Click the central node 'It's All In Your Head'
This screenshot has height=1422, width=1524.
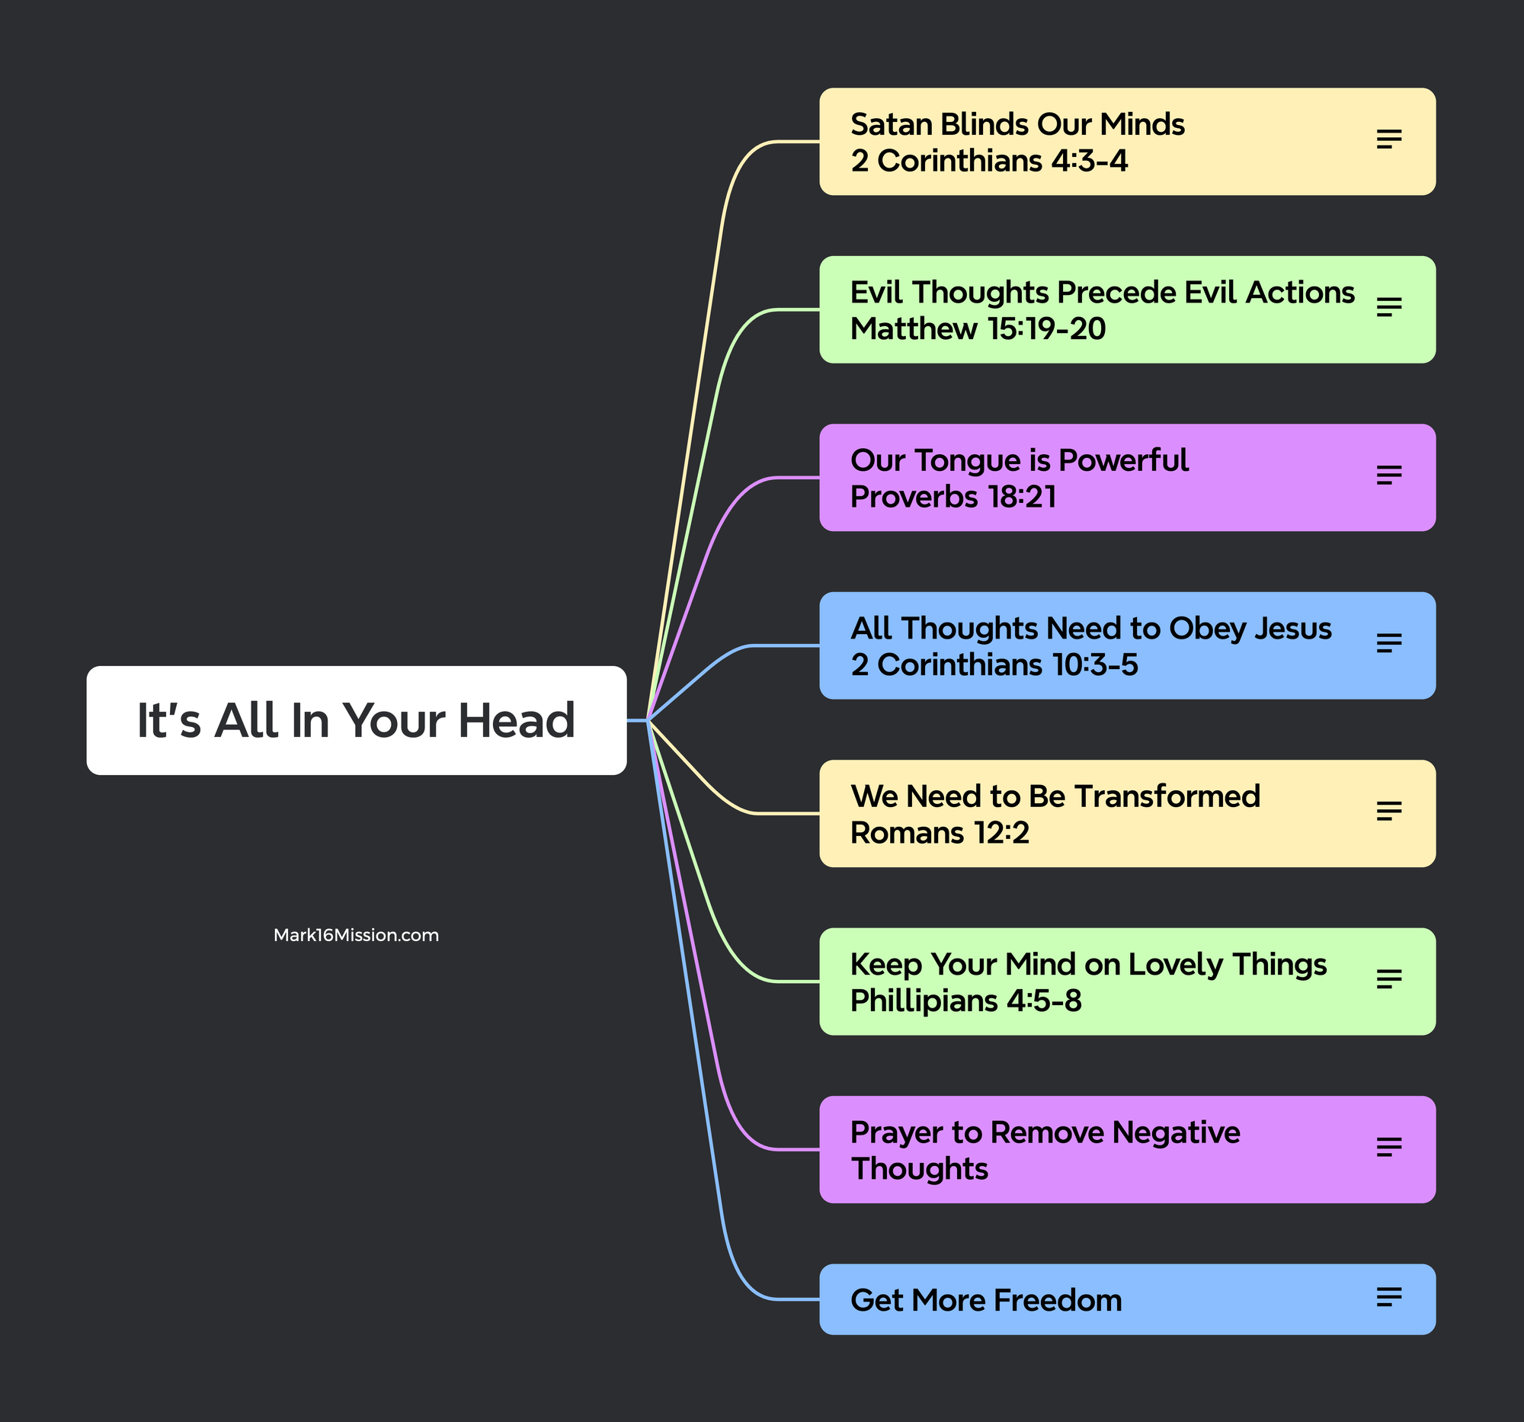[356, 721]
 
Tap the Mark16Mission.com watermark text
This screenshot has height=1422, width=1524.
[356, 935]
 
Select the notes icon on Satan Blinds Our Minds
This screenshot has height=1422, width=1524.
[1388, 139]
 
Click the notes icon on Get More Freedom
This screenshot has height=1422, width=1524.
[1388, 1297]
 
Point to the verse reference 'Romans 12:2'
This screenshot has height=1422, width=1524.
[939, 833]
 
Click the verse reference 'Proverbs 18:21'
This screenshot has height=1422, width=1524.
[953, 498]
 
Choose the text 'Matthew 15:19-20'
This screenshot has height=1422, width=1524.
[978, 330]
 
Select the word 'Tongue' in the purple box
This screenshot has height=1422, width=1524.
[967, 461]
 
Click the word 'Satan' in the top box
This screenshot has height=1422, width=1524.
[890, 125]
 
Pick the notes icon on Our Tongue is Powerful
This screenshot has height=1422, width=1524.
[1388, 476]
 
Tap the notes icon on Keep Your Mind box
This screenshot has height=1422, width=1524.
[1388, 979]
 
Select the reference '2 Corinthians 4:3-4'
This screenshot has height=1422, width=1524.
[989, 162]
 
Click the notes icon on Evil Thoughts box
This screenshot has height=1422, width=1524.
[1388, 307]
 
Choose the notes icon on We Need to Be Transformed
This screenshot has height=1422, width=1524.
[1388, 811]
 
